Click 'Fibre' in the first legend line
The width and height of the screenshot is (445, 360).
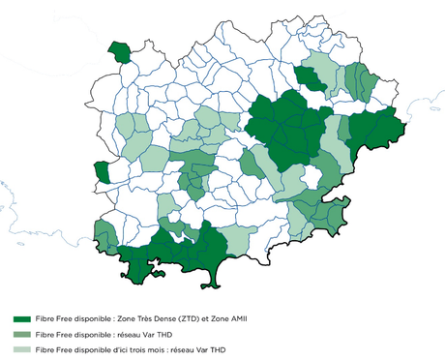pos(44,317)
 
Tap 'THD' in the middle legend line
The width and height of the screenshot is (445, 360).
pos(166,332)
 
